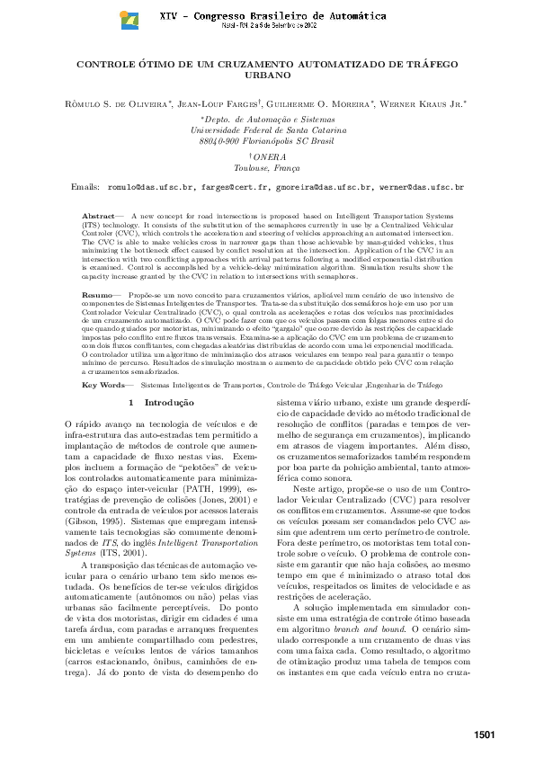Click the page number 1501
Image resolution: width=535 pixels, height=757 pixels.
tap(485, 736)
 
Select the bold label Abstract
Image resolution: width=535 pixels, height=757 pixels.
tap(98, 217)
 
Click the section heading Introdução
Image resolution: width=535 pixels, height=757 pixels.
tap(169, 402)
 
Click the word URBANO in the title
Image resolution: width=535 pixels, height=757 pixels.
tap(267, 76)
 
